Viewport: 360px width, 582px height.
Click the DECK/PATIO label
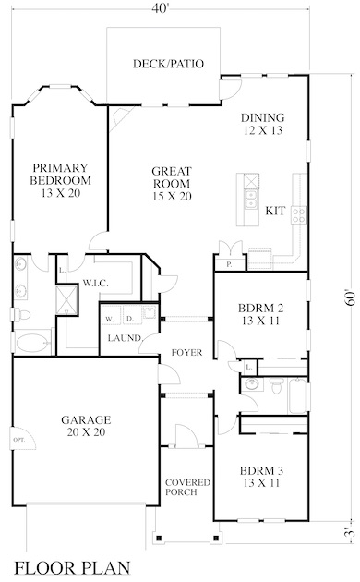coord(168,64)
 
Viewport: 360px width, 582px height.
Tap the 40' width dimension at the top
coord(161,7)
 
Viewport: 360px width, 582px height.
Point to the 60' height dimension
coord(350,297)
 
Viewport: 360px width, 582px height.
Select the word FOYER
coord(186,352)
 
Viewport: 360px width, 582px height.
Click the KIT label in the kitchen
coord(275,211)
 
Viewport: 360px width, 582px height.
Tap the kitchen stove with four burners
coord(299,215)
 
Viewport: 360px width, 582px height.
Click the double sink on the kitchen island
coord(251,200)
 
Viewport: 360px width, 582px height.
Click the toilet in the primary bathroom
coord(21,315)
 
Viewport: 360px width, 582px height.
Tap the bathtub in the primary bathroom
coord(32,343)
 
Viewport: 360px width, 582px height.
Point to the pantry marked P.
coord(230,264)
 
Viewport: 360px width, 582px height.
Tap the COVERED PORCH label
coord(187,488)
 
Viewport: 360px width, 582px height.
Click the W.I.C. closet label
coord(95,284)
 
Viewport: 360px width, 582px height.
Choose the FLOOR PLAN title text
coord(72,568)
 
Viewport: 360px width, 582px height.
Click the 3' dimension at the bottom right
coord(350,534)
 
